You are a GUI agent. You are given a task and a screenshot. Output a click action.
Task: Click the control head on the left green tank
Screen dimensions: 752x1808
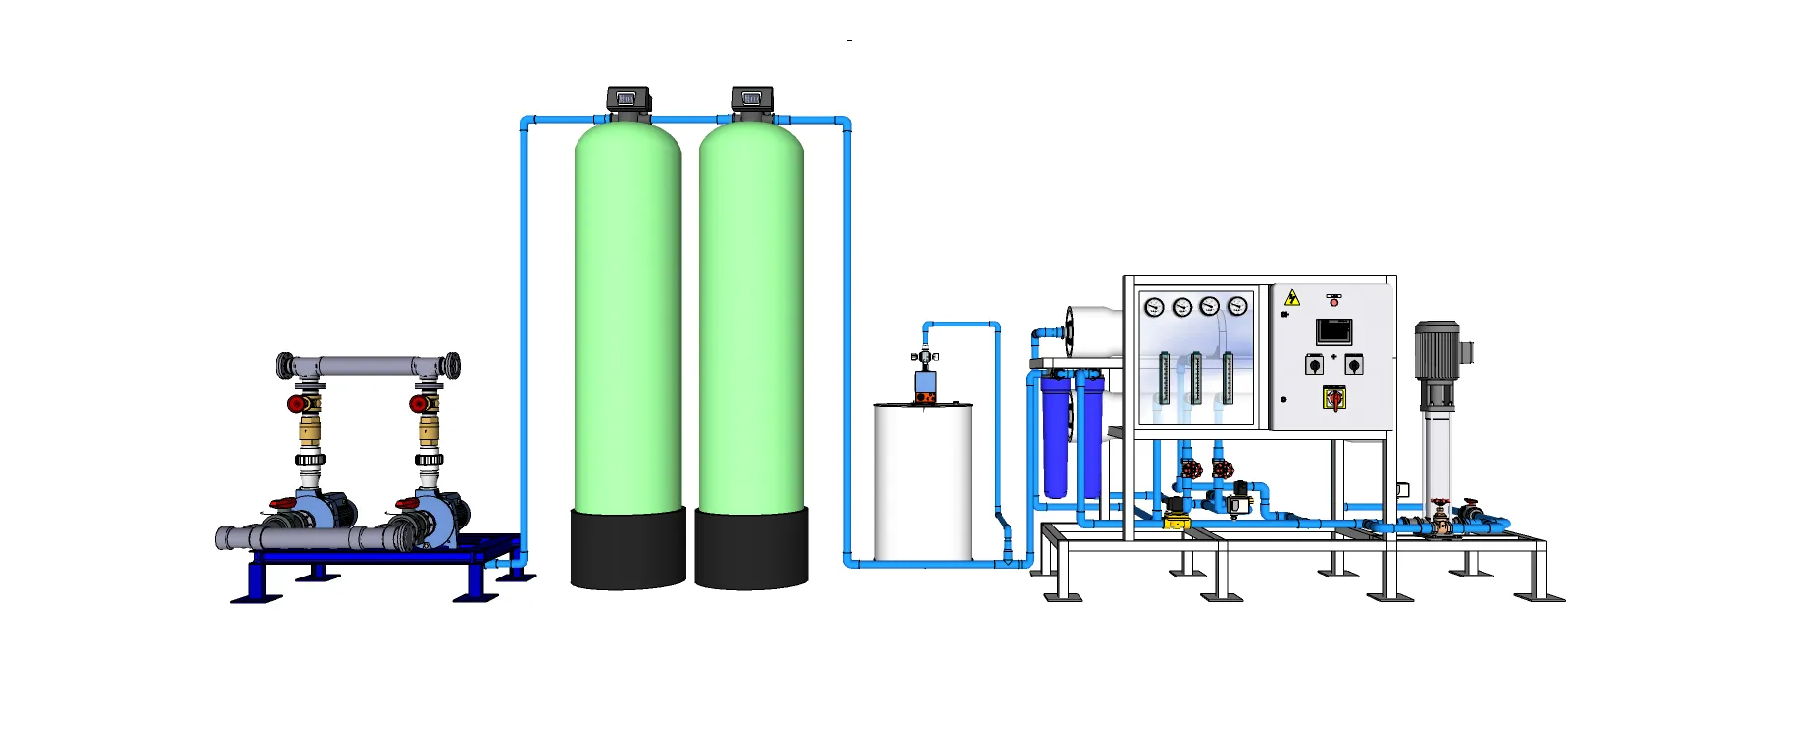coord(628,99)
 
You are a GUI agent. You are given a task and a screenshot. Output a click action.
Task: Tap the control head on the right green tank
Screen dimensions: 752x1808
coord(752,99)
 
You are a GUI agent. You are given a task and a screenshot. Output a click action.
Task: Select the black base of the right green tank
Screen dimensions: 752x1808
coord(751,548)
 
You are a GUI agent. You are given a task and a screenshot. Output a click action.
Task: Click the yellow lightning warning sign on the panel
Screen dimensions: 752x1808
coord(1292,298)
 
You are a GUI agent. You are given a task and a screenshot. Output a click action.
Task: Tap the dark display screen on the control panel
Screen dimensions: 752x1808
coord(1333,331)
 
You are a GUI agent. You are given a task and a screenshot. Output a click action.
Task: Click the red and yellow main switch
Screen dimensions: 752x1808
coord(1333,398)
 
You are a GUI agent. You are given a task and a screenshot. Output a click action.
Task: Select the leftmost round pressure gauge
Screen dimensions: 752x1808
coord(1154,307)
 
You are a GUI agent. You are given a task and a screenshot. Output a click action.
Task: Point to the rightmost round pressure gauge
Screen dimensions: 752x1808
coord(1237,307)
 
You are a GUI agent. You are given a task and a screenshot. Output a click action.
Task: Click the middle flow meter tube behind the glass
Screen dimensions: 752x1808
coord(1196,377)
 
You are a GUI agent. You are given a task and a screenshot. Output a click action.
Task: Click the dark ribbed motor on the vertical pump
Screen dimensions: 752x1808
coord(1436,351)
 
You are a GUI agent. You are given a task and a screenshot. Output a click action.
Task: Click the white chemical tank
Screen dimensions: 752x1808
coord(923,480)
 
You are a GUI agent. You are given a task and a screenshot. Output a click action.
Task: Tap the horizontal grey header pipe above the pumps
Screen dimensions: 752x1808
coord(368,367)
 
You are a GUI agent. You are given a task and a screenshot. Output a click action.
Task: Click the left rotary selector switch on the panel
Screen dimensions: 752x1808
coord(1314,365)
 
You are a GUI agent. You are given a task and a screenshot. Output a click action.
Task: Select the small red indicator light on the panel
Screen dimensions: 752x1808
coord(1333,303)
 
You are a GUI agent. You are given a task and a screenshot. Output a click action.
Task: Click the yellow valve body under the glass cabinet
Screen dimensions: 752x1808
coord(1176,520)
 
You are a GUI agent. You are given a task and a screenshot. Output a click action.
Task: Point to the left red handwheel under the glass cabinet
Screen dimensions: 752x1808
coord(1191,470)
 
